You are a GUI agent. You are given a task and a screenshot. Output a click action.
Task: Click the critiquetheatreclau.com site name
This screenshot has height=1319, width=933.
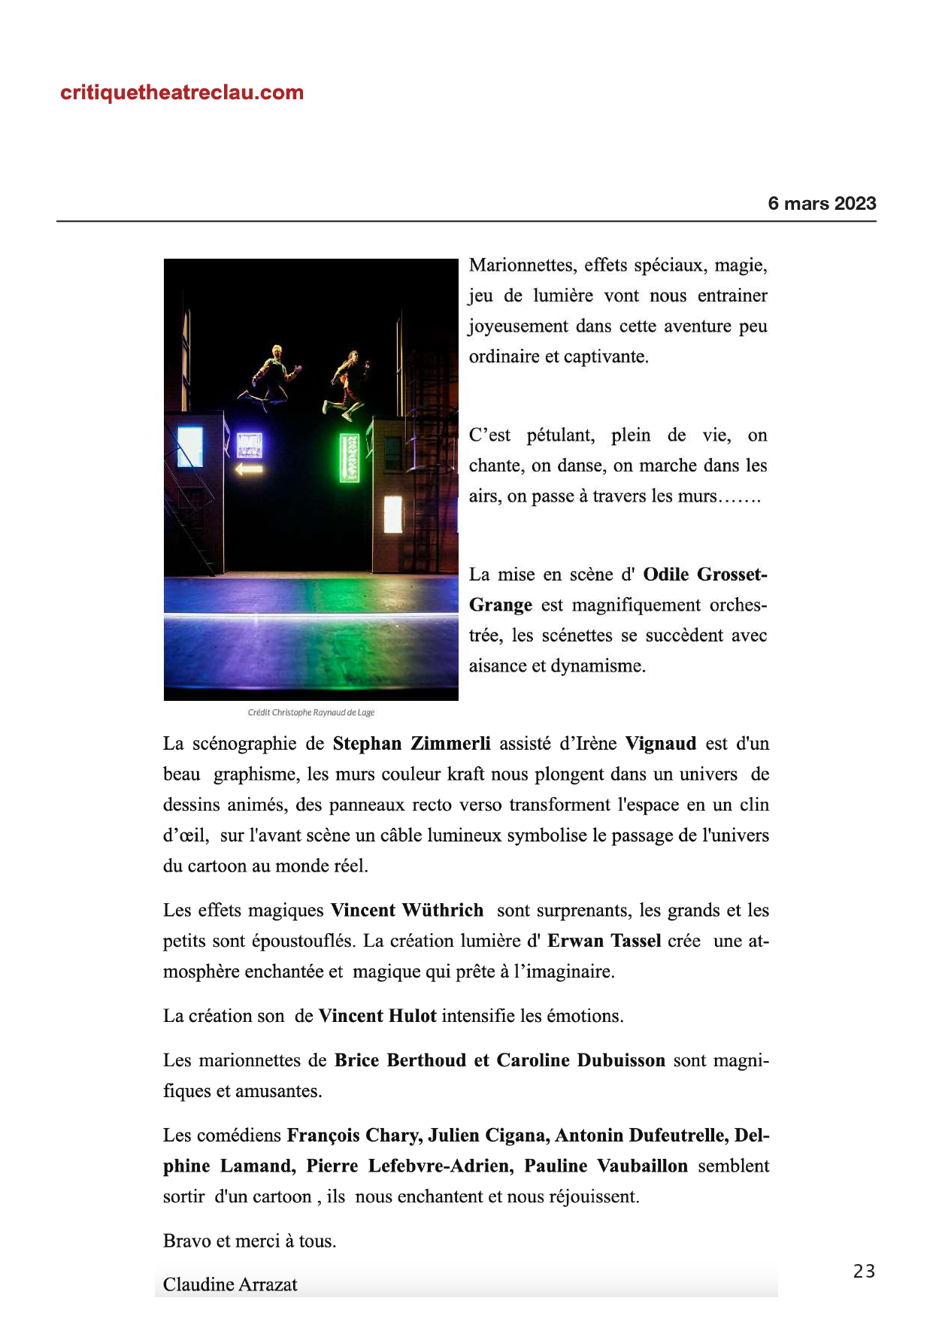[x=182, y=92]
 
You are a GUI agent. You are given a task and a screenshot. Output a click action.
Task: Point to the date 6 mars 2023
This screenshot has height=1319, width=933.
[x=822, y=203]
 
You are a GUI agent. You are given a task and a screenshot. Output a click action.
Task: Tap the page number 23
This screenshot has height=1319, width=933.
[x=864, y=1271]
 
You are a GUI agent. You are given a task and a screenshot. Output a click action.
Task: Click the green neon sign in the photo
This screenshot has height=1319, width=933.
[x=349, y=457]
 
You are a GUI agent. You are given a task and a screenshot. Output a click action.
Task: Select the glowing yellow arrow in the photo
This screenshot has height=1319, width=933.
[x=249, y=469]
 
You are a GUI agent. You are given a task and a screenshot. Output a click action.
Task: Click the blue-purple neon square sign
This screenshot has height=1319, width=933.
[x=250, y=445]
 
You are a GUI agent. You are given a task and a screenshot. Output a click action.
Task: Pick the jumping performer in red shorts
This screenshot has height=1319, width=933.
[x=348, y=384]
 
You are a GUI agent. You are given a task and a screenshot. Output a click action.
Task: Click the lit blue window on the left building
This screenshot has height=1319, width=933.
[x=189, y=446]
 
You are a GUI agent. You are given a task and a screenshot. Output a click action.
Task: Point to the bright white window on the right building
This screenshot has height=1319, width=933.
[x=392, y=514]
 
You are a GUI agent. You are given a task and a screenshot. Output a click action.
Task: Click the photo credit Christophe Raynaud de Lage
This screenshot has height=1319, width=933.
[x=310, y=712]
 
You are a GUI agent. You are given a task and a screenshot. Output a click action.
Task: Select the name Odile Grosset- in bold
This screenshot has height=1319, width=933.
[x=705, y=575]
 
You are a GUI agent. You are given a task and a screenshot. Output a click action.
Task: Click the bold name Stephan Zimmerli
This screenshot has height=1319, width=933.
[x=411, y=744]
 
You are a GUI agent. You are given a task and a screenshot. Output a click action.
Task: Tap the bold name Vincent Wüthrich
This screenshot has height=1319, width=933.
[x=407, y=911]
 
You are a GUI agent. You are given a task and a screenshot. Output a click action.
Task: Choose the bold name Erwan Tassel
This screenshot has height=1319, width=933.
[x=604, y=941]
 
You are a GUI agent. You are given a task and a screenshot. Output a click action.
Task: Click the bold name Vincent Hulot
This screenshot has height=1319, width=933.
[x=377, y=1016]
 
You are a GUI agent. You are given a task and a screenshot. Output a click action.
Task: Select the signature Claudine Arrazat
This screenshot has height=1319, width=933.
[x=230, y=1284]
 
